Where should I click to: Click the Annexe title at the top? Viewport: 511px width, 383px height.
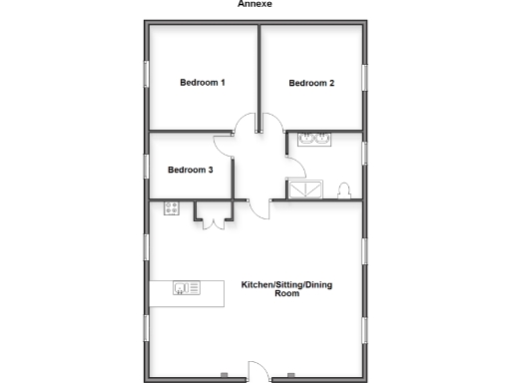click(255, 4)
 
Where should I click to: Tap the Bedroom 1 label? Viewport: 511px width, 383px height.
click(202, 82)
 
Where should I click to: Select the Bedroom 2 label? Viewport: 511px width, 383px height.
click(310, 83)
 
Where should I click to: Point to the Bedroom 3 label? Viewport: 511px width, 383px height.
click(190, 171)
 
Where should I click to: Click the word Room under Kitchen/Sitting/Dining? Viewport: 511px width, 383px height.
click(287, 294)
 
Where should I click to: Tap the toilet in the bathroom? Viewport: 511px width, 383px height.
click(344, 189)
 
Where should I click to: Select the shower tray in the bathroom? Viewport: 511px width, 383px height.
click(306, 190)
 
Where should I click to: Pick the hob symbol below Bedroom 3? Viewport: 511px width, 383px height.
click(171, 208)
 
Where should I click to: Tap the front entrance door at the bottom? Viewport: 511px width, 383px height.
click(255, 369)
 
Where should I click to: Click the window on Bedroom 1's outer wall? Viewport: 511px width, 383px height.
click(147, 78)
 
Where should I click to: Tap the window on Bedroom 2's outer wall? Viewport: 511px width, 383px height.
click(365, 78)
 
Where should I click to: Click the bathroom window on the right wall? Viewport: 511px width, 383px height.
click(365, 153)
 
